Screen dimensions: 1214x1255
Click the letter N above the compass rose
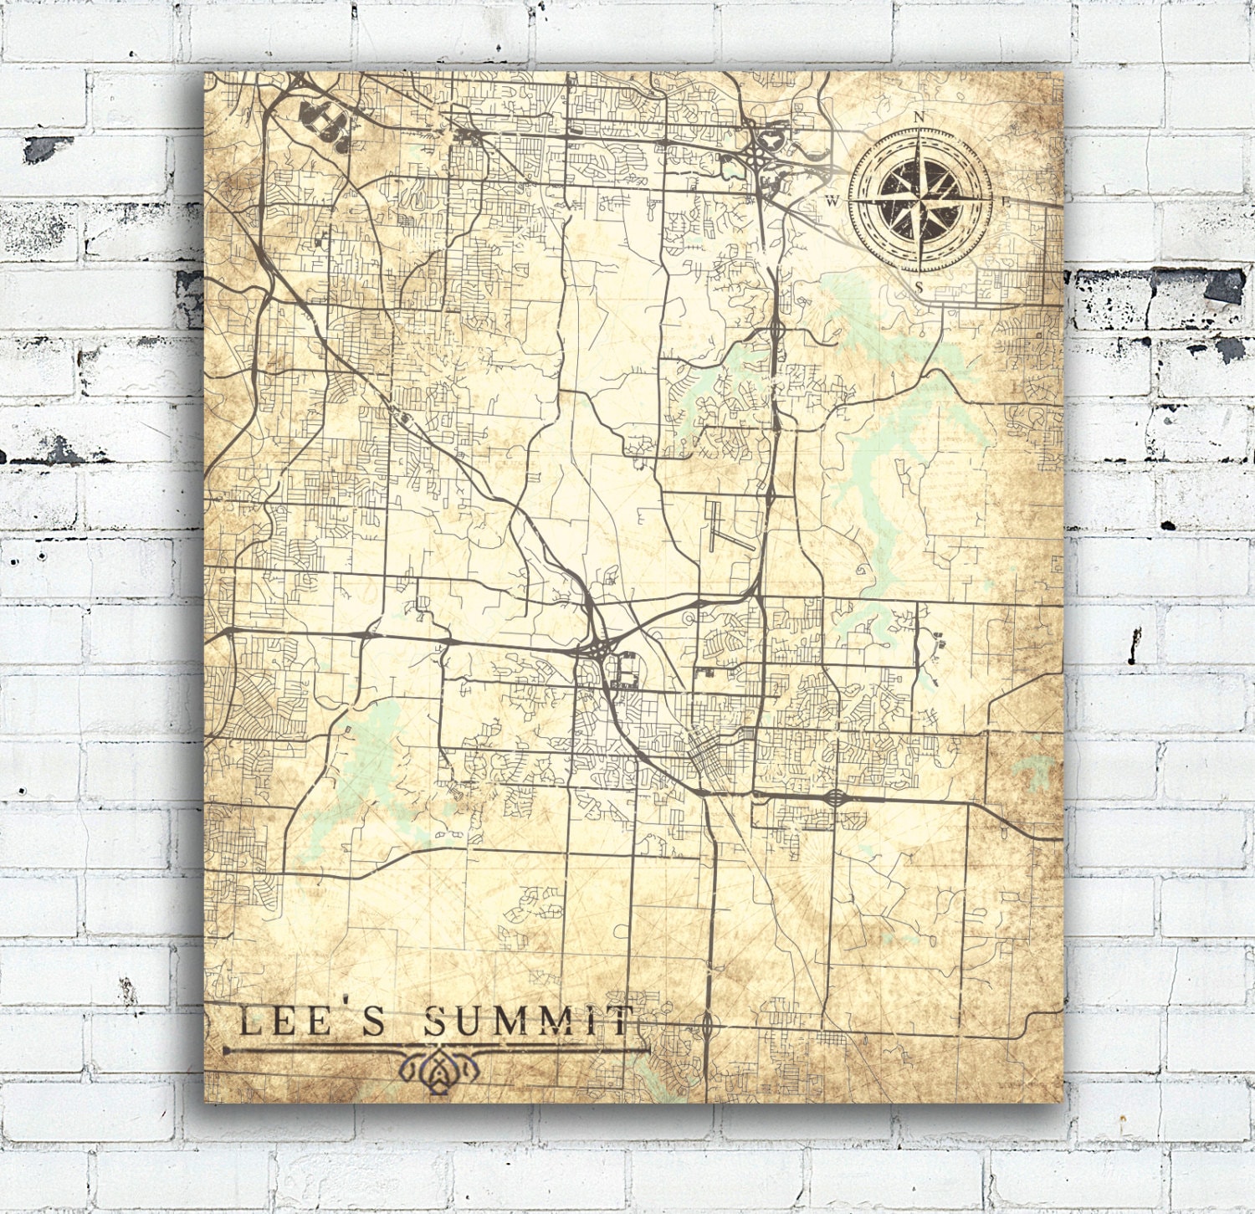click(x=919, y=117)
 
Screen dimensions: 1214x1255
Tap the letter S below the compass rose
click(x=919, y=287)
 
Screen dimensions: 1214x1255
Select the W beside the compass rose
click(x=832, y=201)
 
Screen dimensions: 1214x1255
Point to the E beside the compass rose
click(x=1007, y=202)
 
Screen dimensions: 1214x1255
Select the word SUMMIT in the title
click(x=527, y=1022)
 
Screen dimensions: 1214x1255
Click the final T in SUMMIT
click(x=621, y=1022)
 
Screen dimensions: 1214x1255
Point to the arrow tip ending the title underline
click(x=228, y=1048)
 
